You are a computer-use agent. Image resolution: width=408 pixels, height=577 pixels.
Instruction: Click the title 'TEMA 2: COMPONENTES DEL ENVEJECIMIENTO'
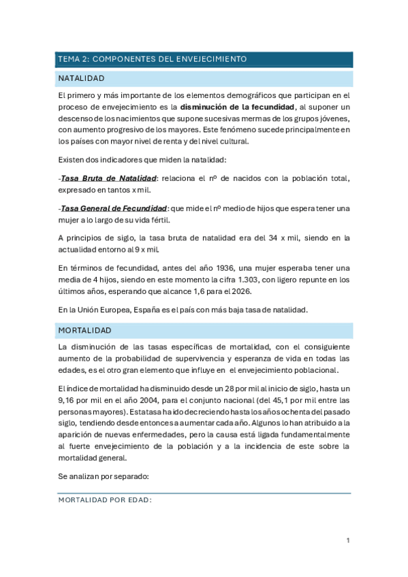point(152,59)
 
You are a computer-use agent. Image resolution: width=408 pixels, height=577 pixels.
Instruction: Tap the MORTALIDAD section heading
point(84,330)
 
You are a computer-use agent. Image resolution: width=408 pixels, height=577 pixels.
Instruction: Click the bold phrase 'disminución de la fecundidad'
point(236,107)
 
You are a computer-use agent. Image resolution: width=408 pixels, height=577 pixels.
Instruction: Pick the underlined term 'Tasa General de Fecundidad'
point(114,208)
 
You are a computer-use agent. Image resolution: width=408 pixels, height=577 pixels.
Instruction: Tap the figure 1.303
point(256,279)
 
